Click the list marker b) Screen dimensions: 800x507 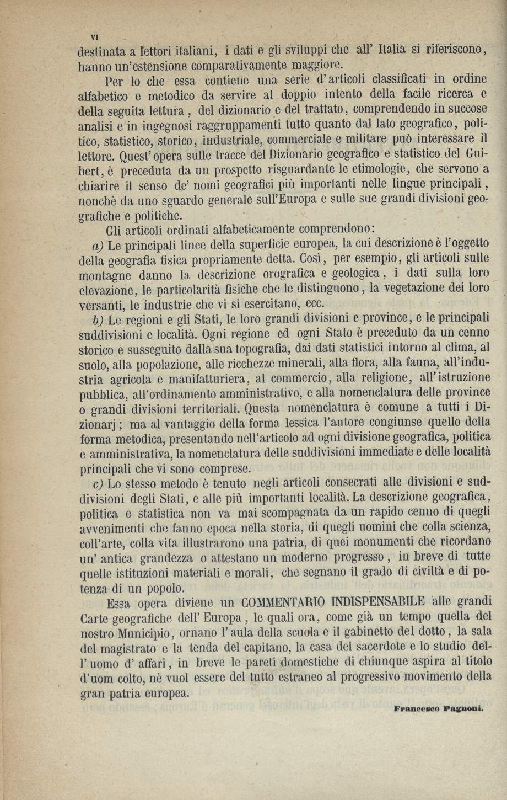99,319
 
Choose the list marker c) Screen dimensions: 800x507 99,484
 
